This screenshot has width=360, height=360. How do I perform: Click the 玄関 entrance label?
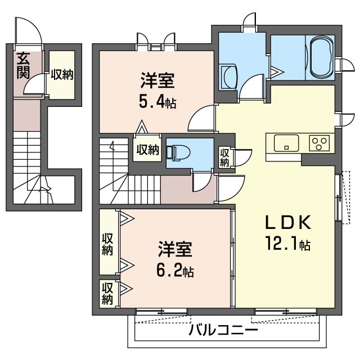pyautogui.click(x=23, y=65)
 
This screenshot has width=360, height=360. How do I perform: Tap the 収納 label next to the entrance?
pyautogui.click(x=61, y=74)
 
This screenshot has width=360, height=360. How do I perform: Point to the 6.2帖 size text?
pyautogui.click(x=175, y=271)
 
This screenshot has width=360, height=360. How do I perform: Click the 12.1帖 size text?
pyautogui.click(x=288, y=245)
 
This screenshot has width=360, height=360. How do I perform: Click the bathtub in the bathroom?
pyautogui.click(x=321, y=58)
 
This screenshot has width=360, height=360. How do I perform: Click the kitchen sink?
pyautogui.click(x=286, y=143)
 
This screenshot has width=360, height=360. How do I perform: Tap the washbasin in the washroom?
pyautogui.click(x=229, y=74)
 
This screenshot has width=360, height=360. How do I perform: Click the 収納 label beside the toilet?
pyautogui.click(x=147, y=150)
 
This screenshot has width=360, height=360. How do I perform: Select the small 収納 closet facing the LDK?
pyautogui.click(x=224, y=156)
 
